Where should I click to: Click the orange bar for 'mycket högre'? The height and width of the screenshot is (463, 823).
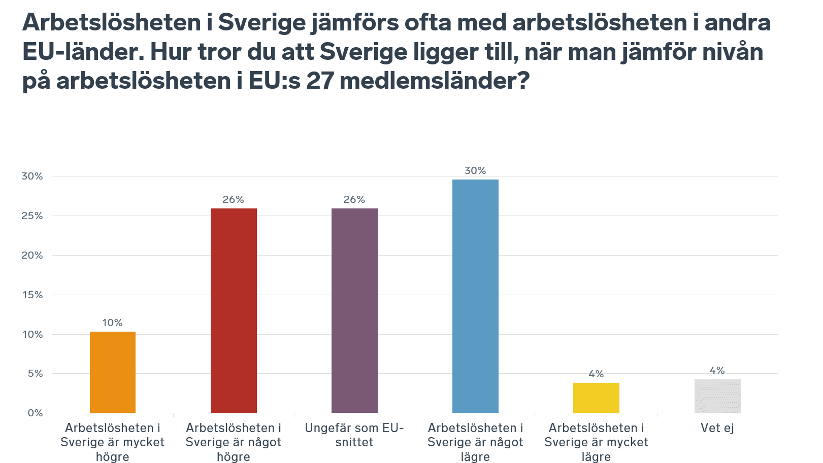[112, 372]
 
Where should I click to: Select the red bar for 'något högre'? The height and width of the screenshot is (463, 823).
[234, 310]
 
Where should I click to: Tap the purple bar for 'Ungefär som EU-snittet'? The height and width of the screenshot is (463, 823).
[354, 310]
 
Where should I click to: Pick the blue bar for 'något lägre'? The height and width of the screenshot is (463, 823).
[475, 296]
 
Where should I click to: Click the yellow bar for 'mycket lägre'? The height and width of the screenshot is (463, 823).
[597, 398]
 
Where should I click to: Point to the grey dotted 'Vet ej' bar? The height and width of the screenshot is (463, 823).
[717, 396]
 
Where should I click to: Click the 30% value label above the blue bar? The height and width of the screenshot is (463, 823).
[475, 170]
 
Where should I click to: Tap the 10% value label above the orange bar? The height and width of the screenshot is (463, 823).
[112, 323]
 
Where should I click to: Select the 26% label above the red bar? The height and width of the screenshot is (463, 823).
[234, 200]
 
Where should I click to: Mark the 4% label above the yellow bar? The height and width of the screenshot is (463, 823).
[596, 374]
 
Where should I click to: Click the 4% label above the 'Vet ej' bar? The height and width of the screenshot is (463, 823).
[717, 371]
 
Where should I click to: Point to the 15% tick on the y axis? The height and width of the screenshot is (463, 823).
[32, 295]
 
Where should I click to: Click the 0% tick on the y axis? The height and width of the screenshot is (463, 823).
[35, 413]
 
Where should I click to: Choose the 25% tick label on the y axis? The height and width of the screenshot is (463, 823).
[32, 216]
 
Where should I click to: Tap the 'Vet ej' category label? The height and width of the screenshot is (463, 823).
[717, 428]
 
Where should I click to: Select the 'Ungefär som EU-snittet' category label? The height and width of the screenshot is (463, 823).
[354, 435]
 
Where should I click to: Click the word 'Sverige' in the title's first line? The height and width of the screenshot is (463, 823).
[262, 23]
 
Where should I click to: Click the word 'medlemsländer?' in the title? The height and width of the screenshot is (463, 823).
[435, 80]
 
